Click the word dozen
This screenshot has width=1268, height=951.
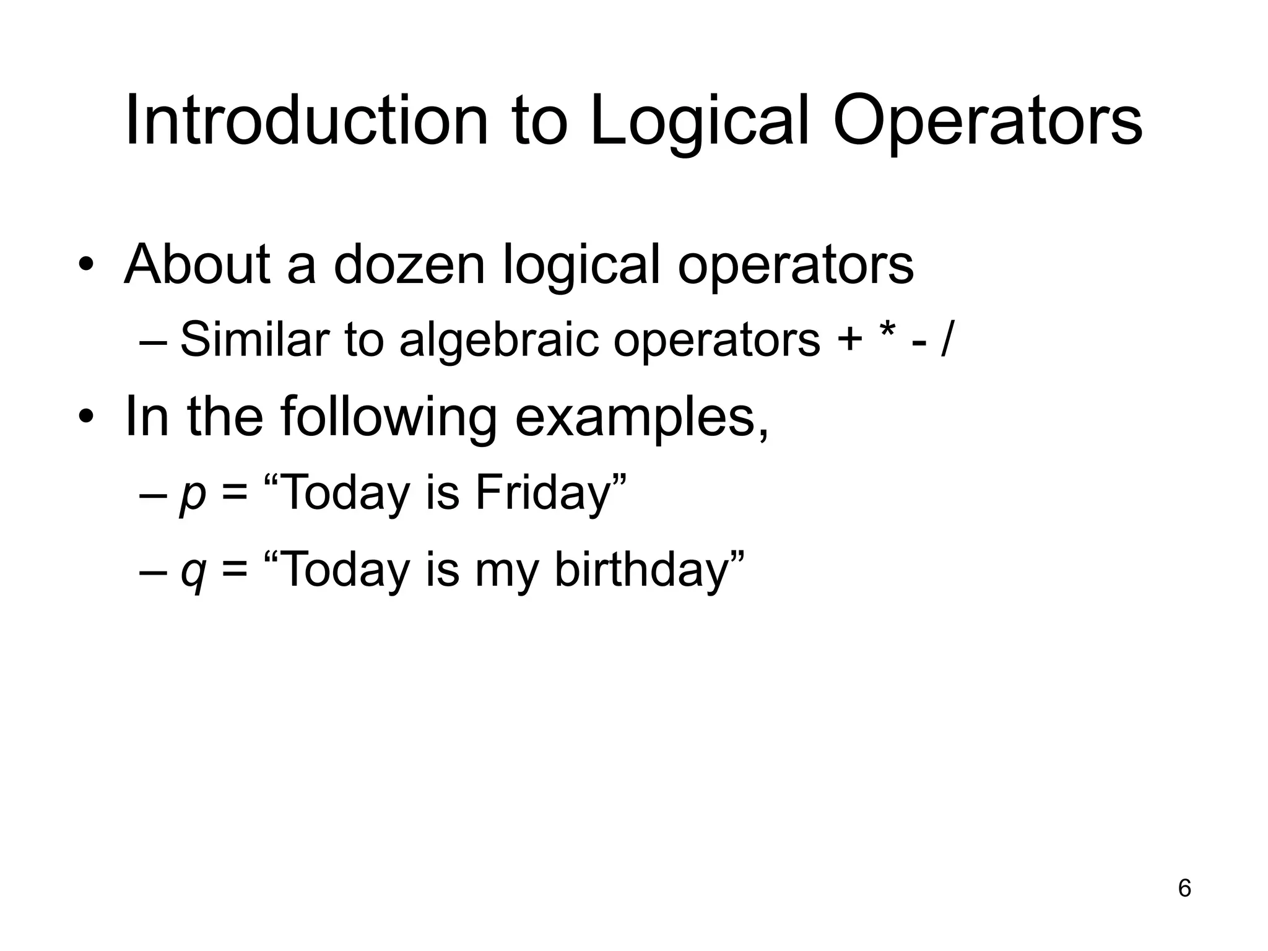[409, 265]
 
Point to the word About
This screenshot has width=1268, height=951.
[198, 265]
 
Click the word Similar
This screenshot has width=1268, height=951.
[254, 340]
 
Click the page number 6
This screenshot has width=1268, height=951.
[1184, 888]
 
